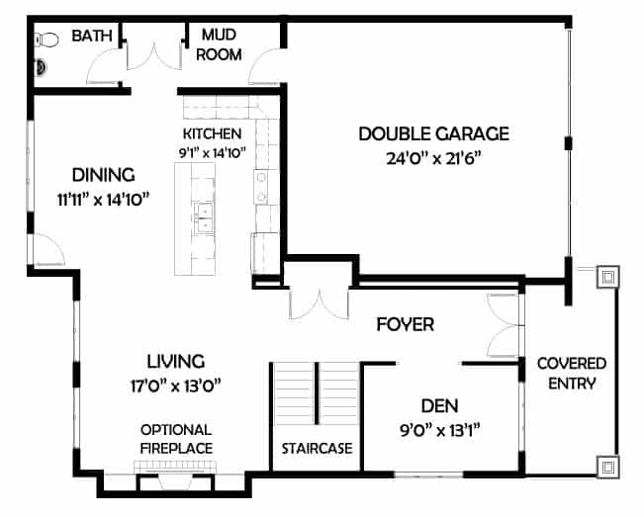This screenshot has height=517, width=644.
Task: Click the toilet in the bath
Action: click(46, 40)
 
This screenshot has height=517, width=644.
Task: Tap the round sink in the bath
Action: click(41, 67)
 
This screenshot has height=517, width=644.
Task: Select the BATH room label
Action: click(92, 36)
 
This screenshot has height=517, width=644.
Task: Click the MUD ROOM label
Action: click(219, 44)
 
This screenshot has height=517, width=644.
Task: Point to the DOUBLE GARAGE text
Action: click(433, 133)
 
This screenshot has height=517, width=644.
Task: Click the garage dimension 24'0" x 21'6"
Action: click(433, 158)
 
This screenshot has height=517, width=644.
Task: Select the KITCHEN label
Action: click(212, 133)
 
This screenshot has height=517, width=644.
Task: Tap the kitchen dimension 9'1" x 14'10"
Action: click(212, 153)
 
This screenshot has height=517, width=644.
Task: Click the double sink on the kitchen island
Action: click(204, 217)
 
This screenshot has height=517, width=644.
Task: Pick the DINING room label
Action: click(104, 175)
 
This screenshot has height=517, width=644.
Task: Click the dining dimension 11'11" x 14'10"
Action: click(103, 201)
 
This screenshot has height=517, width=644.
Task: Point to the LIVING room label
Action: click(176, 362)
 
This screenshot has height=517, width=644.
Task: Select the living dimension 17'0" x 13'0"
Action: click(176, 387)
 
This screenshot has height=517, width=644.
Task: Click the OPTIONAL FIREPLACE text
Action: click(176, 439)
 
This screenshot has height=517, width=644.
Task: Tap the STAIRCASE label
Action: click(317, 449)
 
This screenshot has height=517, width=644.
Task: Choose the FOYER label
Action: click(406, 324)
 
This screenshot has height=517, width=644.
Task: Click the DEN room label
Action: click(439, 406)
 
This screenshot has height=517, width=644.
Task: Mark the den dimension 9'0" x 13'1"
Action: click(440, 431)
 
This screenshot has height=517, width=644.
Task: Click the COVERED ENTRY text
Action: click(572, 374)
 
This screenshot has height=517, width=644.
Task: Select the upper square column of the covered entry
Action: click(607, 278)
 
